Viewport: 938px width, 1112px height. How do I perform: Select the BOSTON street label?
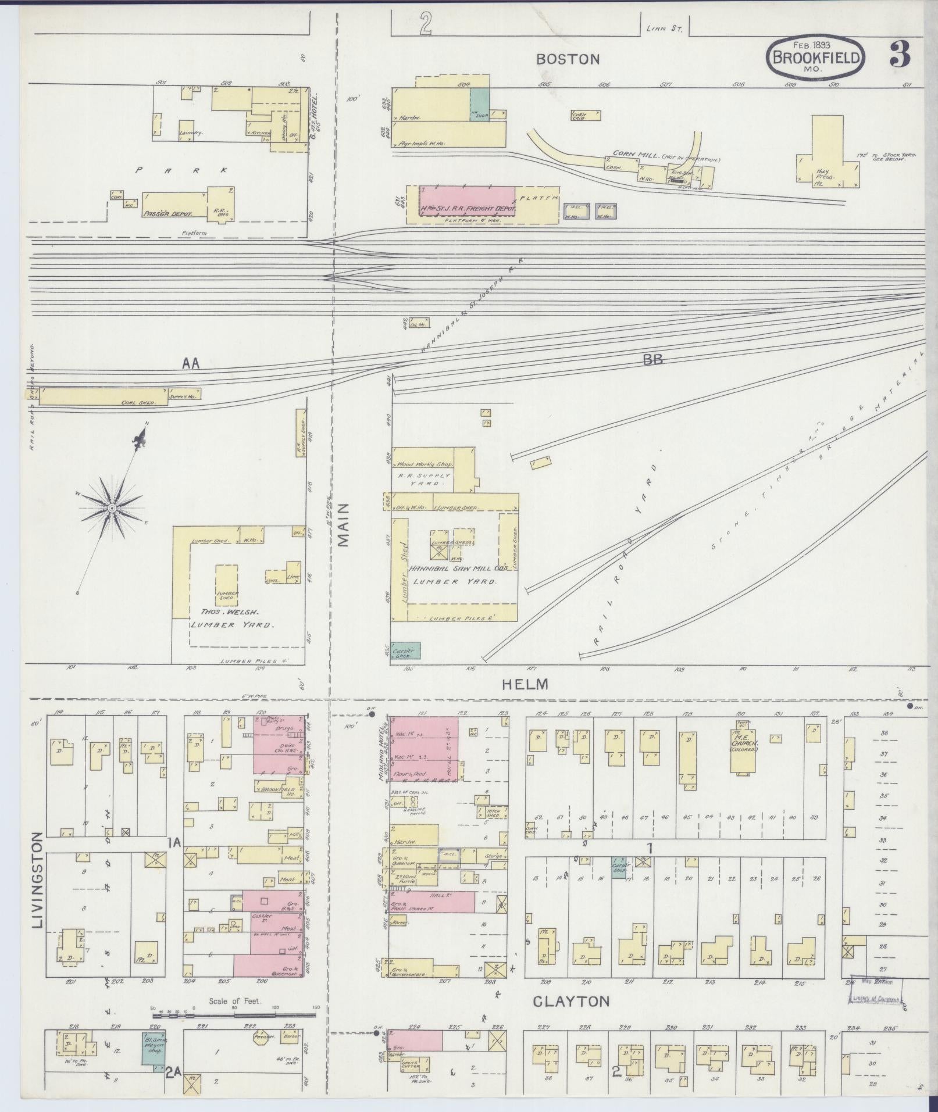tap(568, 59)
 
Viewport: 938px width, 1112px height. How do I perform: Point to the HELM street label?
tap(525, 684)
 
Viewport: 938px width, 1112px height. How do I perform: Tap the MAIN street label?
tap(344, 525)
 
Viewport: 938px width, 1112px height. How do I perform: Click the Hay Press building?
tap(827, 152)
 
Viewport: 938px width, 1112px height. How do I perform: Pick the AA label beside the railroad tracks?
tap(190, 364)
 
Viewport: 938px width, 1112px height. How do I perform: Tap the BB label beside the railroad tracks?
tap(652, 359)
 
